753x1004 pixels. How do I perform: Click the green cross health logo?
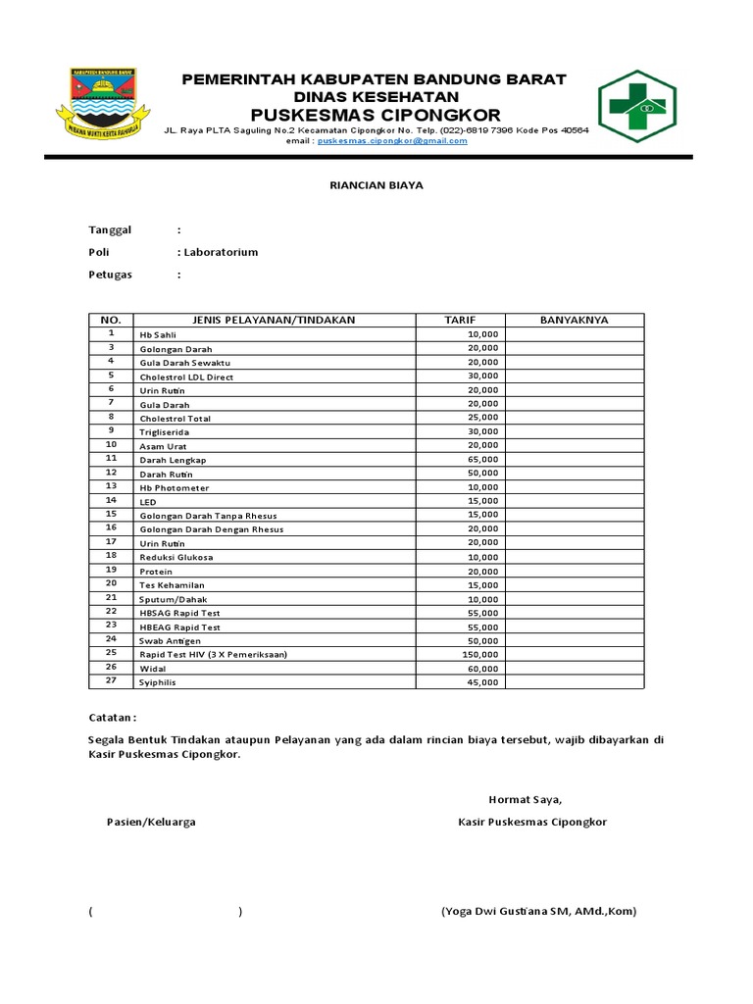pos(636,106)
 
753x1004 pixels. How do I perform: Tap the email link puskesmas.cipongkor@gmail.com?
pos(392,141)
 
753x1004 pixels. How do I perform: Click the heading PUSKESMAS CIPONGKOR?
pos(376,115)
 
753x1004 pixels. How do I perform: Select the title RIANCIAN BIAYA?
pos(376,184)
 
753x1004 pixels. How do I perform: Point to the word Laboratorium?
pos(221,252)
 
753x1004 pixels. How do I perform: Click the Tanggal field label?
pos(110,229)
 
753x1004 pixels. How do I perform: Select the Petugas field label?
pos(110,275)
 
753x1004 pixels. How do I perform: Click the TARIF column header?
pos(459,320)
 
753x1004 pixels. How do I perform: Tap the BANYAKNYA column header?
pos(575,320)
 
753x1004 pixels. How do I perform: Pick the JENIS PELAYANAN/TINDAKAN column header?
pos(275,320)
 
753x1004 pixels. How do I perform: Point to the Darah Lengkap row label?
pos(173,460)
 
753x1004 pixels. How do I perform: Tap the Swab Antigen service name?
pos(171,640)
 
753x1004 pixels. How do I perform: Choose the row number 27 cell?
pos(111,680)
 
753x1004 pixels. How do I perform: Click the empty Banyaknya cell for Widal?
pos(575,668)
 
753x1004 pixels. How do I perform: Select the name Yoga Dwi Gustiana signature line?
pos(538,911)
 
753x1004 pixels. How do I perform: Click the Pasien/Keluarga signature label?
pos(151,822)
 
